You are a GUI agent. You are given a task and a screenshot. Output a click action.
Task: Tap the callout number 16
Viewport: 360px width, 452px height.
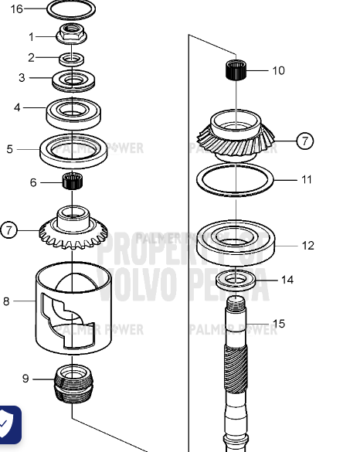coord(16,8)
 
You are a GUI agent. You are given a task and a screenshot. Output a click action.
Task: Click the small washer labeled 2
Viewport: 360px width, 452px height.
coord(72,59)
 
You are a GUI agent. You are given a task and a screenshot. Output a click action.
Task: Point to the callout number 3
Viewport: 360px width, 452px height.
coord(22,77)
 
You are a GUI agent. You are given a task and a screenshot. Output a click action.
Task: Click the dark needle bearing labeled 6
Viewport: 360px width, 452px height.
coord(72,183)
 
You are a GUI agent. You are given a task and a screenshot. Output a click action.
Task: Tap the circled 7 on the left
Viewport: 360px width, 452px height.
coord(9,229)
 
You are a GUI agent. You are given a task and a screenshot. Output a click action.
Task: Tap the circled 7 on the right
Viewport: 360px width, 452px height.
coord(305,141)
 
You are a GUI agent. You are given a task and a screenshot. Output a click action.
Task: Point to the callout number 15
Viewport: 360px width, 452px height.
coord(278,324)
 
